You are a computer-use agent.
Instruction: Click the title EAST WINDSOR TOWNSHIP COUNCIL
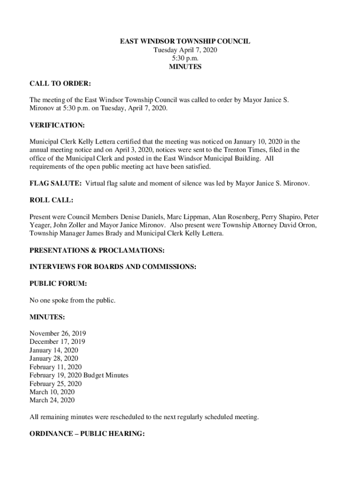(x=185, y=41)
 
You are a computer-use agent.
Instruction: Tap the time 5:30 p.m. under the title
(x=185, y=58)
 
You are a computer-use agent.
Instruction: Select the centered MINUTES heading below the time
(x=185, y=67)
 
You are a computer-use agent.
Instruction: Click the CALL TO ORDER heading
(x=60, y=84)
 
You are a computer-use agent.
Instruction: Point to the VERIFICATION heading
(x=58, y=125)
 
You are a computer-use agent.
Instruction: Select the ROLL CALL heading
(x=51, y=200)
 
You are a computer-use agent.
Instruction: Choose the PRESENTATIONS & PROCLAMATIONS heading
(x=97, y=250)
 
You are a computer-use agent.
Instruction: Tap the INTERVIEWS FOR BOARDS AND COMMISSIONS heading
(x=113, y=267)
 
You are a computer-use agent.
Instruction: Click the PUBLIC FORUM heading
(x=58, y=283)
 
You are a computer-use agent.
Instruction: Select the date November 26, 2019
(x=58, y=334)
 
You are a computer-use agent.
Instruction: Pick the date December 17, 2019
(x=58, y=342)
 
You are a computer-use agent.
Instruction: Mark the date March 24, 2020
(x=52, y=400)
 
